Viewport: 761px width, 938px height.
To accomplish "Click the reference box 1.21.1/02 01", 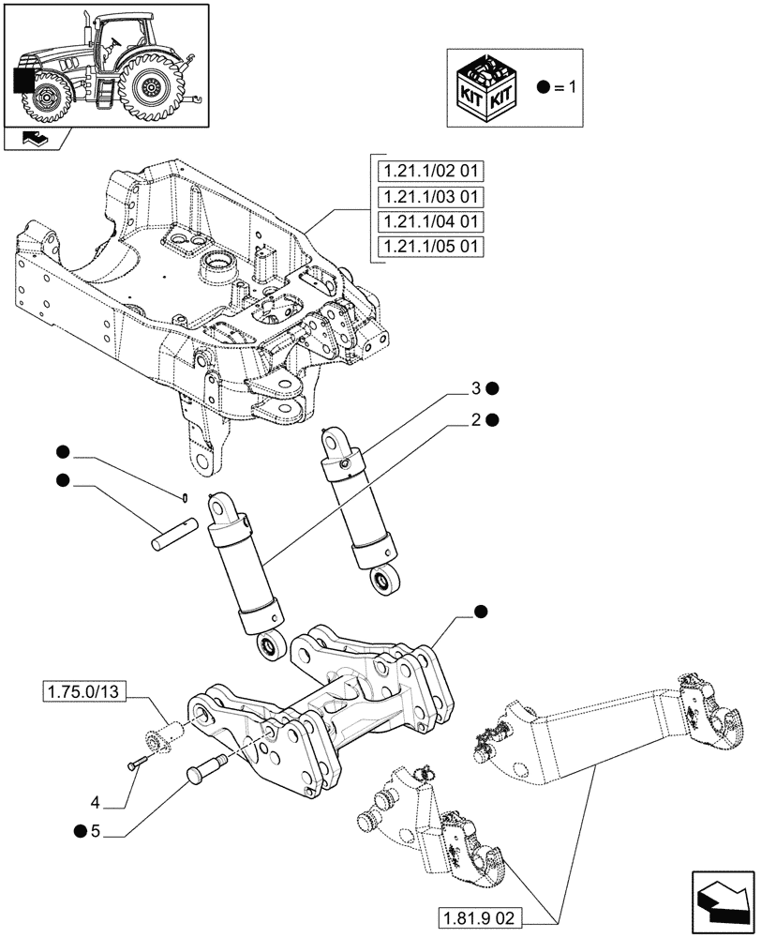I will point(429,172).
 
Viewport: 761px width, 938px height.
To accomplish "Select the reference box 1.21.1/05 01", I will point(429,248).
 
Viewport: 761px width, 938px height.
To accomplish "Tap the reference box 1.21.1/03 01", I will point(429,197).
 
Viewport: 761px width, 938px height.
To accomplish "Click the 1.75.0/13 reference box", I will point(82,693).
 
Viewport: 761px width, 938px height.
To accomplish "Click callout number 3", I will point(476,388).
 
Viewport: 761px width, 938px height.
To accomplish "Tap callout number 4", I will point(96,802).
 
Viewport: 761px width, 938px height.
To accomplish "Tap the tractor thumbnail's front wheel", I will point(48,98).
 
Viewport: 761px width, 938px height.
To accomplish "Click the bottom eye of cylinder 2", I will point(267,646).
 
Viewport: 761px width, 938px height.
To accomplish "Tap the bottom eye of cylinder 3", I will point(384,581).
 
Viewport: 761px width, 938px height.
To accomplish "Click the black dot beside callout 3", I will point(492,388).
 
